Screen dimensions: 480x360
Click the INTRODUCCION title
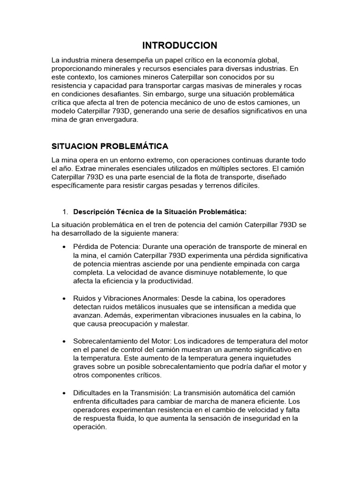(x=180, y=45)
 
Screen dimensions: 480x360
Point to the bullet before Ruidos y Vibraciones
(x=63, y=298)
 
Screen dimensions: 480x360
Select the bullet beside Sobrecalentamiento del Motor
(x=63, y=341)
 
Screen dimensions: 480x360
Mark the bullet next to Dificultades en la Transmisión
(x=63, y=393)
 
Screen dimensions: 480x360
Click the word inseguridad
(x=254, y=418)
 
